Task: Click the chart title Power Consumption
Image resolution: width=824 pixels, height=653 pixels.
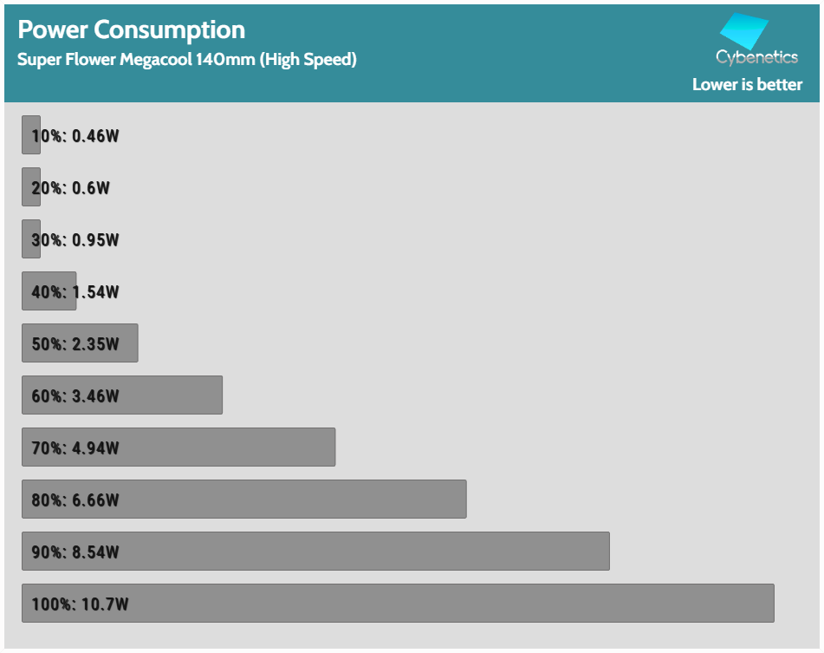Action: tap(132, 29)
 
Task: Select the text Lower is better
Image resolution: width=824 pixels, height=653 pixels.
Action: tap(747, 84)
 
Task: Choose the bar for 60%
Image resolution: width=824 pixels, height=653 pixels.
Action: tap(173, 395)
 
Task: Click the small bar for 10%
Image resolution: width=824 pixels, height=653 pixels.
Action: tap(30, 135)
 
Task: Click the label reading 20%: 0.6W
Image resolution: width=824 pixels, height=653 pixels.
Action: tap(71, 188)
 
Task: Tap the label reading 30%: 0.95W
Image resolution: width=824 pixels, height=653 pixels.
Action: tap(75, 240)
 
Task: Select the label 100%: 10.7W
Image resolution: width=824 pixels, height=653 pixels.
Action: tap(80, 604)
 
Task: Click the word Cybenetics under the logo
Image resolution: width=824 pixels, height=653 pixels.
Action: tap(756, 57)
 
